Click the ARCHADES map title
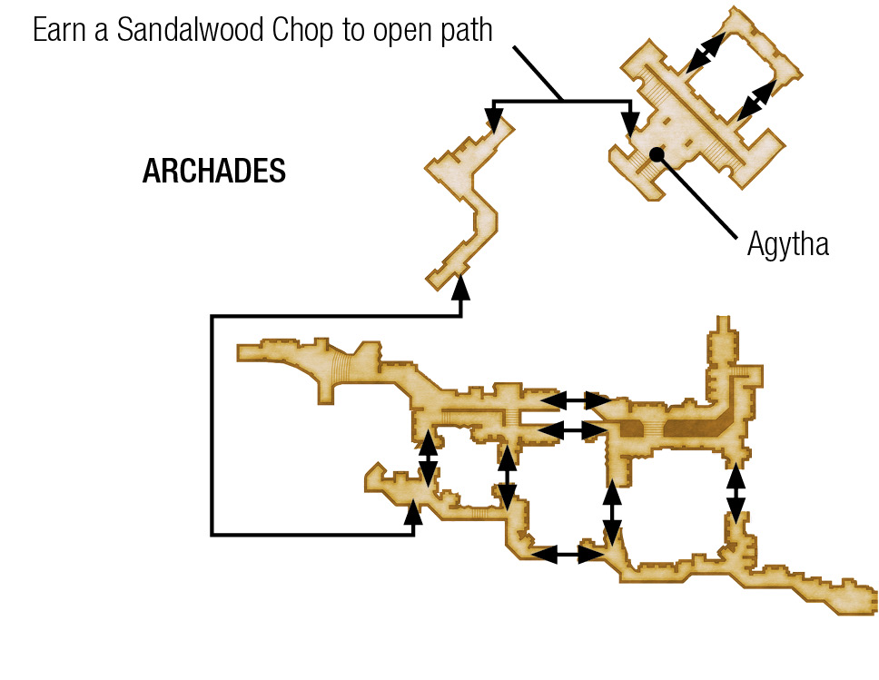tap(214, 171)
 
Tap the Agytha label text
tap(787, 244)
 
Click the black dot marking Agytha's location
tap(657, 153)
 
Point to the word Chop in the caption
tap(302, 31)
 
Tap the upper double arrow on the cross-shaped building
tap(706, 52)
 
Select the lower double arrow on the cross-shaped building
tap(756, 100)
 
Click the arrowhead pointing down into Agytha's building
tap(631, 123)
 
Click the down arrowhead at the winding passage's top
tap(494, 120)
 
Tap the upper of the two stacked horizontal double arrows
tap(575, 400)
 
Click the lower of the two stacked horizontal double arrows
tap(572, 430)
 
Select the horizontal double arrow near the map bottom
tap(567, 555)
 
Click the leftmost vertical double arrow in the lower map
tap(429, 458)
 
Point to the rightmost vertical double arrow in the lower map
tap(736, 494)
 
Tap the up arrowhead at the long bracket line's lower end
tap(413, 513)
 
